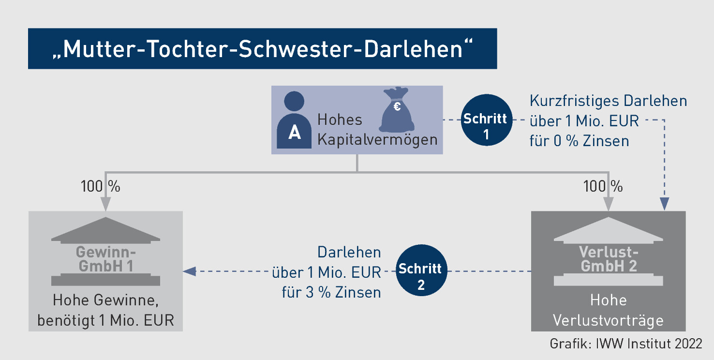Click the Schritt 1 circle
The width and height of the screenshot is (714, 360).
[x=486, y=119]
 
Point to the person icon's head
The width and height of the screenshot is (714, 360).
[x=294, y=101]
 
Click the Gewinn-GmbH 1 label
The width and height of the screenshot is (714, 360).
[x=106, y=259]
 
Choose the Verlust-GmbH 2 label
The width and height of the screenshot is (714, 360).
[x=609, y=259]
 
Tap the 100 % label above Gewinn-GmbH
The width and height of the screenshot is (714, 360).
[x=100, y=186]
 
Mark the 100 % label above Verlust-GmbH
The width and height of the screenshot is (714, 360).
[x=603, y=186]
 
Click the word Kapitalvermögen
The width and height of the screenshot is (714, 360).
[x=377, y=140]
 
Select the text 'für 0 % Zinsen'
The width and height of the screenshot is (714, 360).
[x=579, y=141]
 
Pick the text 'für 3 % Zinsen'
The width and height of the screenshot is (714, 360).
[x=331, y=292]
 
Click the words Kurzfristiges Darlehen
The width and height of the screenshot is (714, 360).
[x=608, y=101]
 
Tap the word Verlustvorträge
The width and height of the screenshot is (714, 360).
[x=608, y=320]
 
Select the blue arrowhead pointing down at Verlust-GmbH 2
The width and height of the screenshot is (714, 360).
[x=665, y=205]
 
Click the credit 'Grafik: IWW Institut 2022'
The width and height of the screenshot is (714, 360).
[x=625, y=344]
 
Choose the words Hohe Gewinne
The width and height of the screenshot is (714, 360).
[x=105, y=300]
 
